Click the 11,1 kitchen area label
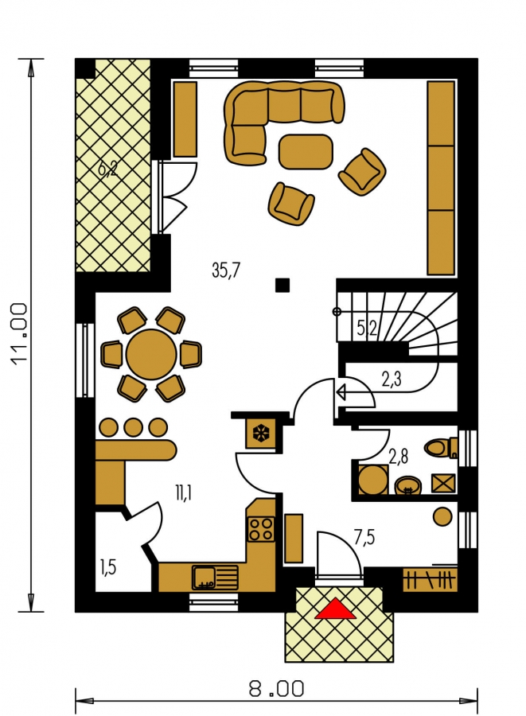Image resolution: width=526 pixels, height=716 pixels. tap(183, 492)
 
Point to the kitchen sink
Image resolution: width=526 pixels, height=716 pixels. tap(215, 578)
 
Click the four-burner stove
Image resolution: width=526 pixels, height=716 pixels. tap(261, 529)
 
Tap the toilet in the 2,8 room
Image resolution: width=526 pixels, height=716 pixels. tap(441, 447)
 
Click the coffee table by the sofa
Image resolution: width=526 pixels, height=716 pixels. tap(306, 152)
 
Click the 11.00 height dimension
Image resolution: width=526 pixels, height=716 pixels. tap(20, 334)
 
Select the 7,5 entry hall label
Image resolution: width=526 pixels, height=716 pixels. tap(364, 538)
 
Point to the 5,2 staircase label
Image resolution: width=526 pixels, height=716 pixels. tap(367, 328)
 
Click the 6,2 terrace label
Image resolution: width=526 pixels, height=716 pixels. tap(107, 169)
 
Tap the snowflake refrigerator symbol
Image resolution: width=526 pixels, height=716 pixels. tap(261, 433)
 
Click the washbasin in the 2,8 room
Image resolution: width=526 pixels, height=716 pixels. tap(407, 486)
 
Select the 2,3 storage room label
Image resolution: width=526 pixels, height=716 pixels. tap(392, 379)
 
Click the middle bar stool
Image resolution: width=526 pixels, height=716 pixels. tap(134, 427)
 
